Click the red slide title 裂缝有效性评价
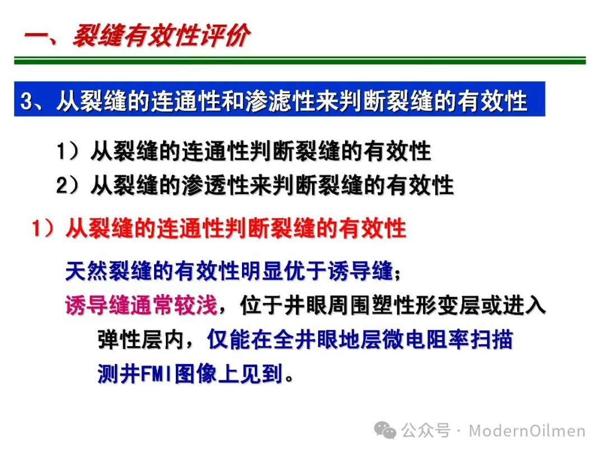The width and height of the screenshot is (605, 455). [x=162, y=36]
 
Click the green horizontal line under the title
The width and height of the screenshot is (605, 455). [x=300, y=60]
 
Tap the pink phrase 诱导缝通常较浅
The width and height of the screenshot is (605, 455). [x=141, y=305]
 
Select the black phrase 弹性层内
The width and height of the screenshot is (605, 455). [x=141, y=340]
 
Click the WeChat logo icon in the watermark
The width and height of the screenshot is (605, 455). [x=385, y=430]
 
